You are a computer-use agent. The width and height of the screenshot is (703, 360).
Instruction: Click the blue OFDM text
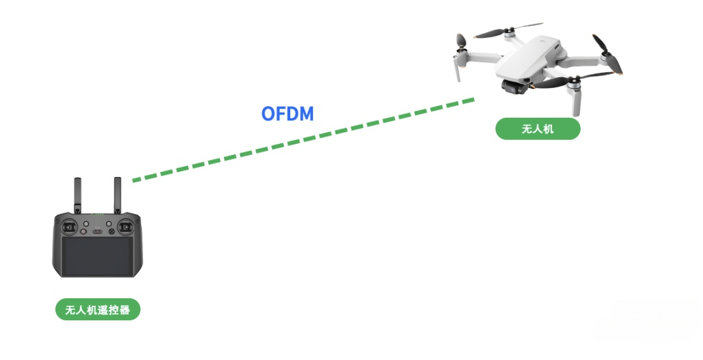click(x=287, y=114)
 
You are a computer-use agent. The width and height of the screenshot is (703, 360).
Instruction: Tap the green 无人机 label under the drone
click(x=537, y=129)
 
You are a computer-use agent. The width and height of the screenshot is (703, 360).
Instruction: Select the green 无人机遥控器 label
click(x=98, y=310)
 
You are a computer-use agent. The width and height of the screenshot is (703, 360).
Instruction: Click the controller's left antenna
click(x=77, y=194)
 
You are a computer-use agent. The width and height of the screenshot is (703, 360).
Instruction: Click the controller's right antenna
click(x=118, y=194)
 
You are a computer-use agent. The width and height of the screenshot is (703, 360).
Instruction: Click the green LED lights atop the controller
click(x=97, y=214)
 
